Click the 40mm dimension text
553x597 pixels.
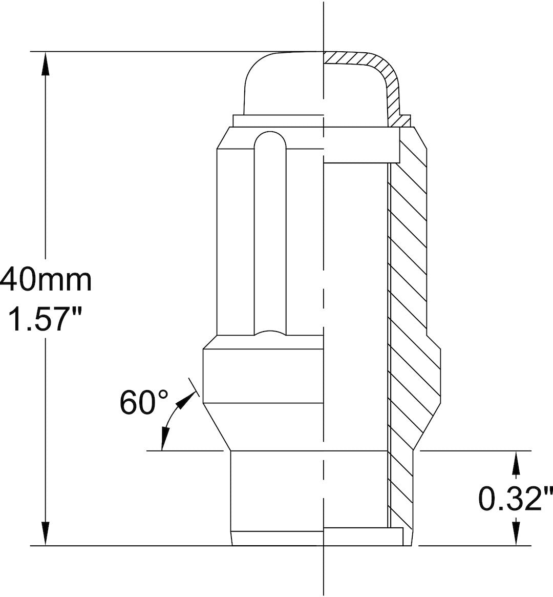[46, 280]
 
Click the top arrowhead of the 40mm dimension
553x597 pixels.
[46, 64]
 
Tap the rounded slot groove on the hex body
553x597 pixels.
[270, 231]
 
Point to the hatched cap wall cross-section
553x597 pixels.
[392, 87]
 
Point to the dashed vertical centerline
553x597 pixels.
[324, 307]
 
